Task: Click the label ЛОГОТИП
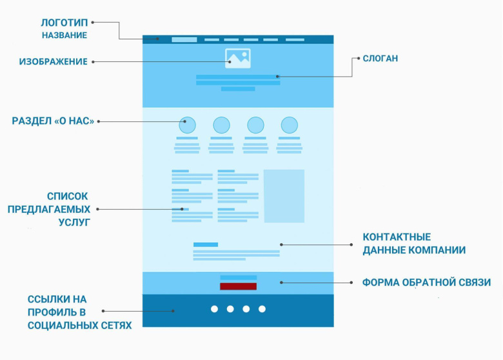pos(64,22)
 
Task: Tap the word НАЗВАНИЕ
pos(64,35)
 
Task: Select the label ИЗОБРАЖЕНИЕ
pos(53,62)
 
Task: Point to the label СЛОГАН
pos(380,58)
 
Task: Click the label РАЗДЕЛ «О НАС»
pos(53,121)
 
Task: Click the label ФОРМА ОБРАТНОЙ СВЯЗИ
pos(426,283)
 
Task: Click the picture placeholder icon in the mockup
pos(238,59)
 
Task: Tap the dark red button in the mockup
pos(238,286)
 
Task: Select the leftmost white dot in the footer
pos(214,309)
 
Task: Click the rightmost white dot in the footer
pos(262,309)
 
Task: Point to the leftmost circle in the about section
pos(187,125)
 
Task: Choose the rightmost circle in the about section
pos(290,125)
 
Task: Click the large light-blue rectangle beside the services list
pos(284,195)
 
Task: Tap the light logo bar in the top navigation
pos(184,39)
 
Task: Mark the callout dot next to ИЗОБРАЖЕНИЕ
pos(94,62)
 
